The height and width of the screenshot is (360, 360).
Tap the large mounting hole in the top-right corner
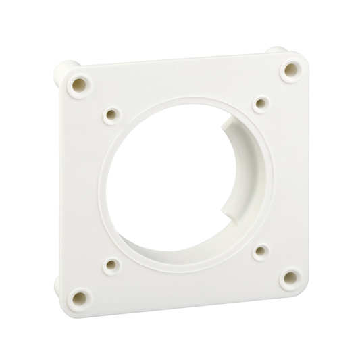[291, 68]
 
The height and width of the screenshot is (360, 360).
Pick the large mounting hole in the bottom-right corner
[290, 277]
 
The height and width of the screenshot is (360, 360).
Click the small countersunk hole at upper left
[112, 115]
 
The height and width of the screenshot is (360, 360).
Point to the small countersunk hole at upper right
[261, 103]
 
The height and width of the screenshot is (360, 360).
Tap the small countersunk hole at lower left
[112, 265]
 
